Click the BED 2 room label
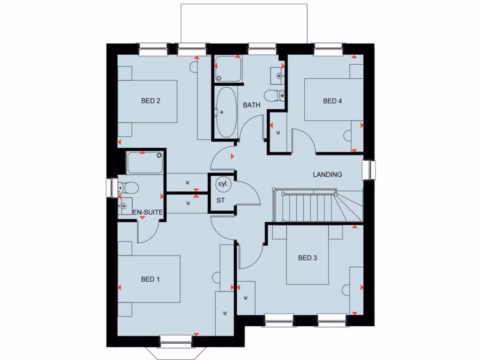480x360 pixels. tap(151, 100)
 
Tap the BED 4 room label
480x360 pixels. tap(332, 101)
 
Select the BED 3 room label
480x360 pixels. tap(307, 257)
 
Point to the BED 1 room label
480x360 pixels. tap(150, 279)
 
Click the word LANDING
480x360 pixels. tap(327, 174)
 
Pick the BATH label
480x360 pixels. tap(251, 105)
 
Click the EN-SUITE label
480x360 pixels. tap(149, 213)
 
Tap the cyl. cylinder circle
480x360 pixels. tap(223, 184)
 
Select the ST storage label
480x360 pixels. tap(221, 201)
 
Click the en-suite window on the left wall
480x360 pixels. tap(112, 188)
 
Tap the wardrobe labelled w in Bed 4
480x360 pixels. tap(277, 133)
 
